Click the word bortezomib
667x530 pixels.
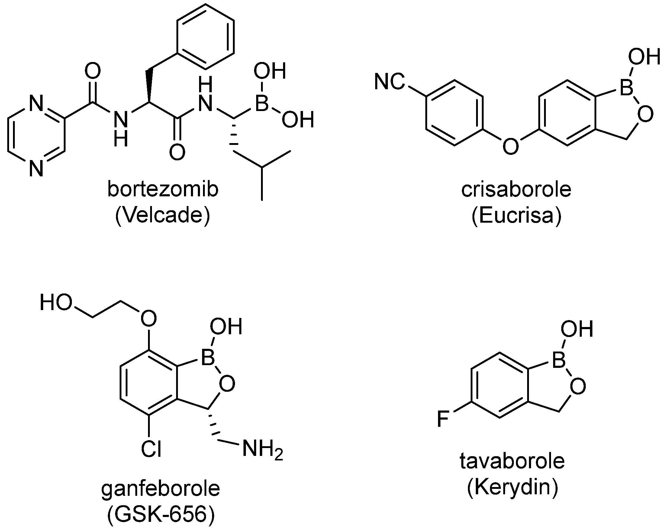click(163, 189)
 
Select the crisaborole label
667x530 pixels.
click(516, 190)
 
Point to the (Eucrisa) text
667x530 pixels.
click(516, 216)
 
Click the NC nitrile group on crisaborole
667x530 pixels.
click(389, 82)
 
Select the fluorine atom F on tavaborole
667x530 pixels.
click(443, 419)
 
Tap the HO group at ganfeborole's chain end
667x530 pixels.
click(56, 303)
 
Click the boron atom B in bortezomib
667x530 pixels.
click(262, 103)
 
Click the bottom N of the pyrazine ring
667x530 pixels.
click(37, 169)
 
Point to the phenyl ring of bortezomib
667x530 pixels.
click(205, 37)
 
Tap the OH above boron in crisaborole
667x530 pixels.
click(644, 57)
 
